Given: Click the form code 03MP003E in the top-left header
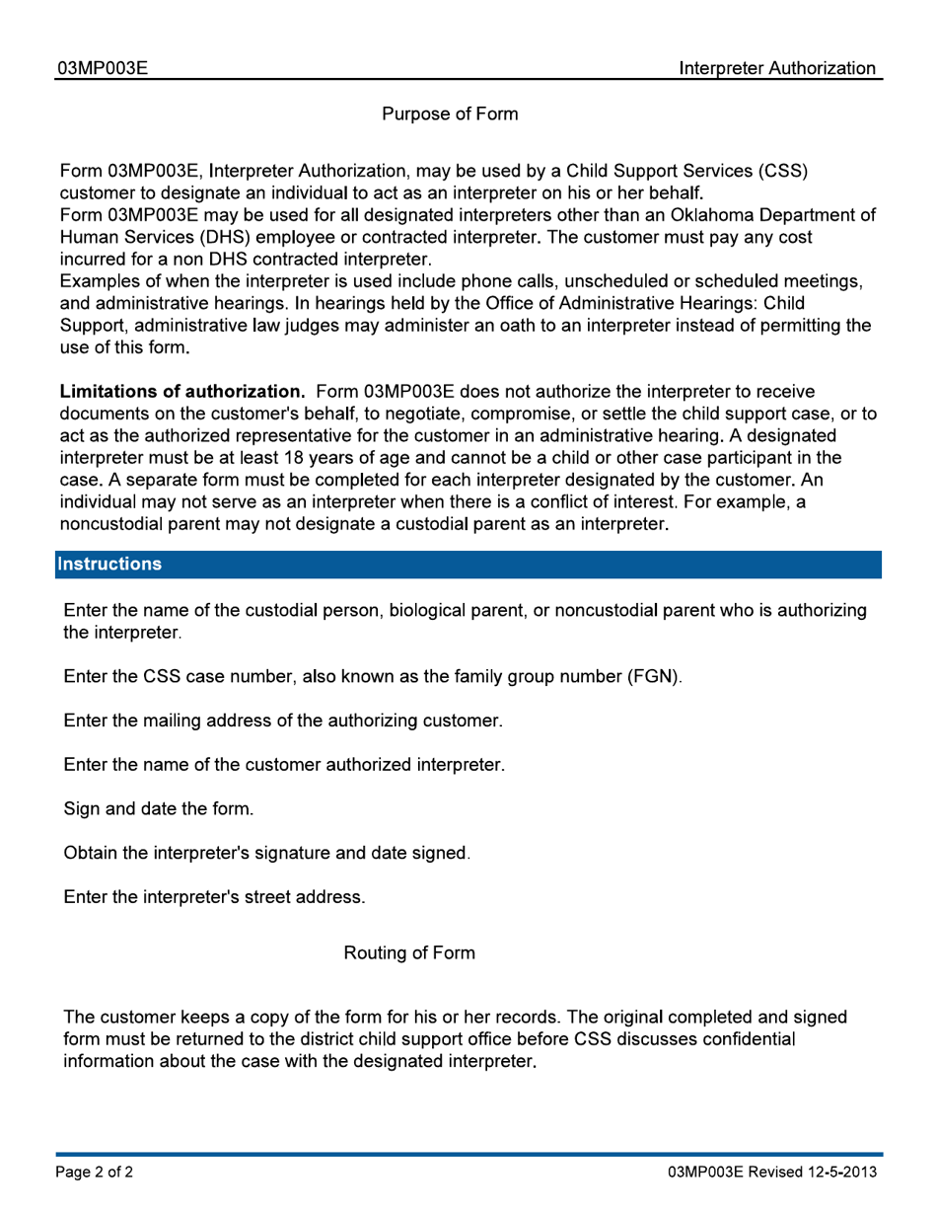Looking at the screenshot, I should [103, 68].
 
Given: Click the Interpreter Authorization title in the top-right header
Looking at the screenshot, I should [777, 68].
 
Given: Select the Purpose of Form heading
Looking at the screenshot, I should [450, 114].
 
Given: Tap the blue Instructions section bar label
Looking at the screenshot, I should [109, 565].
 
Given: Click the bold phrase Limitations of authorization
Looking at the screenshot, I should [182, 392].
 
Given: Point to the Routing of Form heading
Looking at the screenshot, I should [409, 953].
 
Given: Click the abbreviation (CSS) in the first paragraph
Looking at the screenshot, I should [783, 171].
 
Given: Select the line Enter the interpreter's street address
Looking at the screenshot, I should [214, 897].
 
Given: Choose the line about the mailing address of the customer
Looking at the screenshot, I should [283, 721].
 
